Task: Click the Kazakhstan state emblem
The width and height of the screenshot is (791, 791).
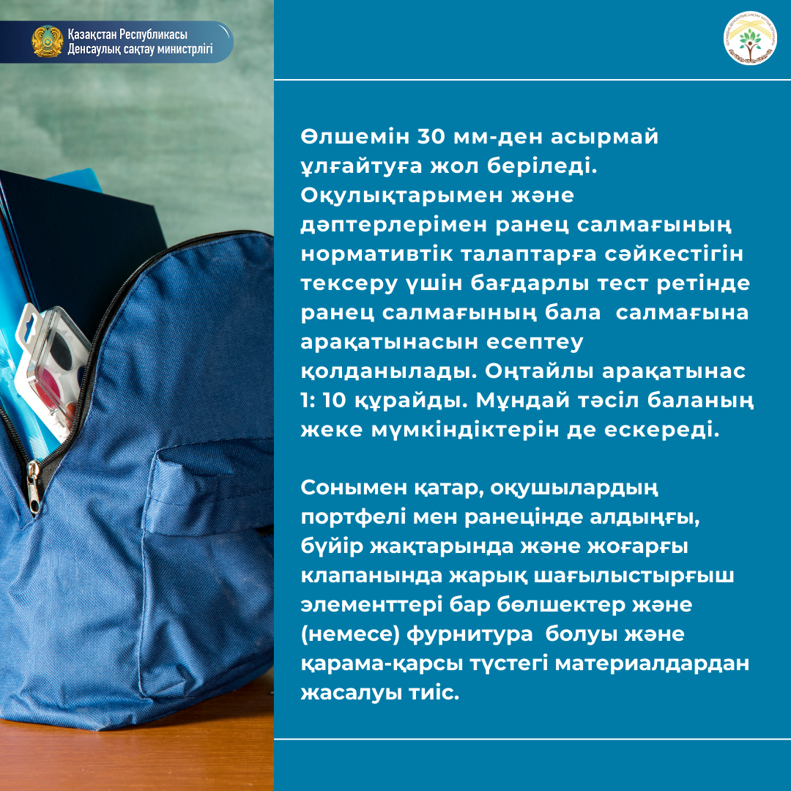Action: pyautogui.click(x=48, y=41)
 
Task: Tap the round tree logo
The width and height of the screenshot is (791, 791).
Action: pyautogui.click(x=750, y=38)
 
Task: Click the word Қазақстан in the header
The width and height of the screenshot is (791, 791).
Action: pyautogui.click(x=92, y=35)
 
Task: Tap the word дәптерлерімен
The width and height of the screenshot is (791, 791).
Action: pyautogui.click(x=394, y=226)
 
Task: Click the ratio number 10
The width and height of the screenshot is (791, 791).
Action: pyautogui.click(x=334, y=401)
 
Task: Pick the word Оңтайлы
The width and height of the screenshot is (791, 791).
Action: pyautogui.click(x=540, y=372)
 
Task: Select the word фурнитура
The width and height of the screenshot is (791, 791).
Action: pyautogui.click(x=469, y=635)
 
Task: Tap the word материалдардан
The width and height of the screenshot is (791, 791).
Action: pyautogui.click(x=652, y=664)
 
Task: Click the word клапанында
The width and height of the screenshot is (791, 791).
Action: pyautogui.click(x=371, y=576)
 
